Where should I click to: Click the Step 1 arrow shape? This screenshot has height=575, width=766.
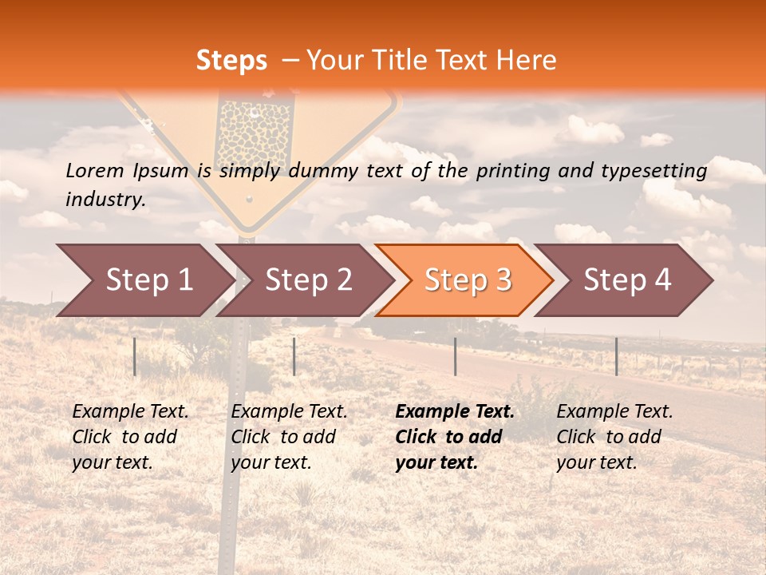144,280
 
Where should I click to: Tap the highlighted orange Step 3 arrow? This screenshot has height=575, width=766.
464,280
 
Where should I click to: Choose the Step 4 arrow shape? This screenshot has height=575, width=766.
624,280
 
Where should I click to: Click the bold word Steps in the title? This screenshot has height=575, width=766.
231,60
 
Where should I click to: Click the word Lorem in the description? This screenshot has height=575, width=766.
94,170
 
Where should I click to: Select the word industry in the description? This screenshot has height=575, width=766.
105,200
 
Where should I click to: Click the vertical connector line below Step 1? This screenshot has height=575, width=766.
135,356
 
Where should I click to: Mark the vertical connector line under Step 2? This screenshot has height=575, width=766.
294,356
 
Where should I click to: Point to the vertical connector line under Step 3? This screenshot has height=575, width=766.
455,356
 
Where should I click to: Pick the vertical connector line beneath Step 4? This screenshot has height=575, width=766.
616,356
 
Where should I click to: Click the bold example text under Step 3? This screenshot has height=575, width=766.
454,437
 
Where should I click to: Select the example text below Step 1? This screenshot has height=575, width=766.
130,437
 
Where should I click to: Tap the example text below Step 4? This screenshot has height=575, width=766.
614,437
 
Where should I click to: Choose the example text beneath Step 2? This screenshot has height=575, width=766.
289,437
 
